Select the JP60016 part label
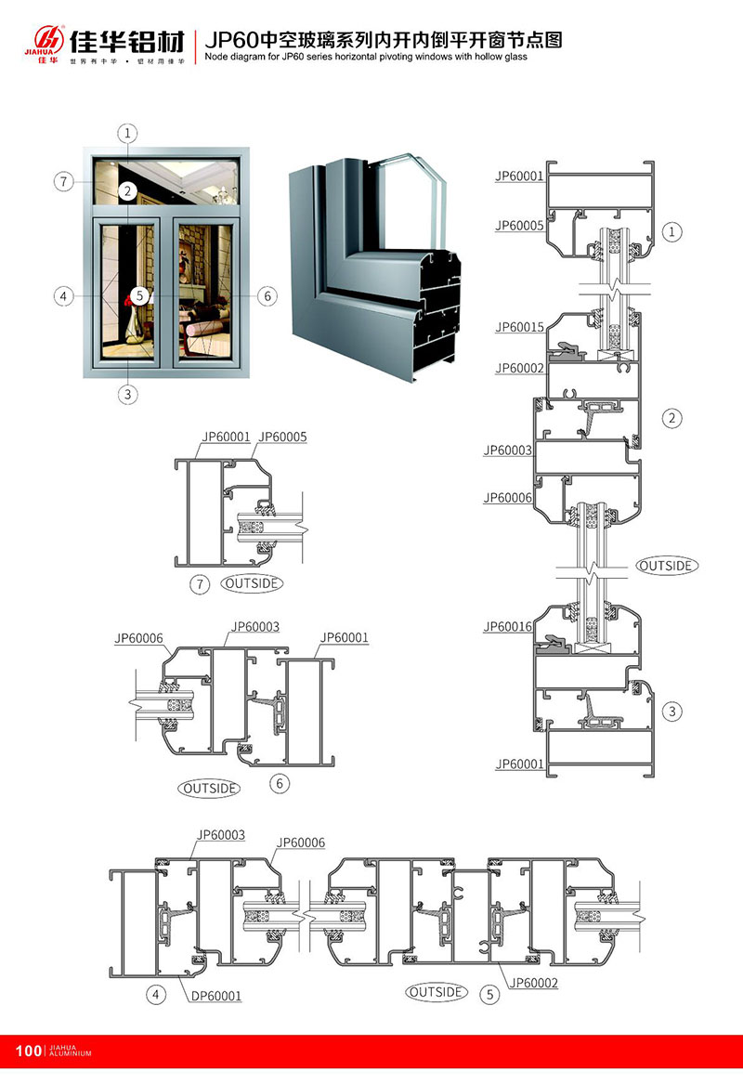pos(507,627)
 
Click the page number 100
pos(29,1051)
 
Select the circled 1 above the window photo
pos(128,133)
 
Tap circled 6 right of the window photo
pos(267,296)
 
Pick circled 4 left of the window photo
pos(63,296)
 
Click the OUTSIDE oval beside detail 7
pos(252,583)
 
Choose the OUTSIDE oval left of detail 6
pos(210,788)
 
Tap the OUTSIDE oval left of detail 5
pos(436,992)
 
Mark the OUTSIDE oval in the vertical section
pos(667,565)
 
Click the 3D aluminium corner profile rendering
pos(376,269)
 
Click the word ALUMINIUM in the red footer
pos(69,1054)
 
